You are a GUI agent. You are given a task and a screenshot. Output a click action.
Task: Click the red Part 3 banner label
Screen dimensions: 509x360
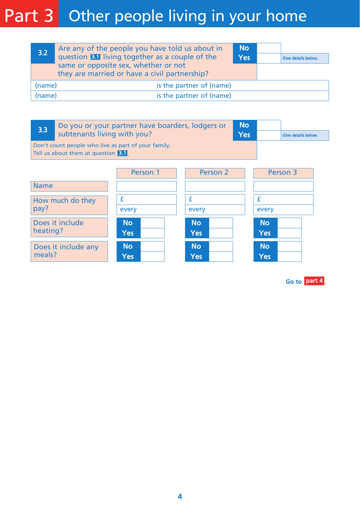(29, 14)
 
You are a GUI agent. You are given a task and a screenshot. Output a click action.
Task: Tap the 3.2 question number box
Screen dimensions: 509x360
(43, 53)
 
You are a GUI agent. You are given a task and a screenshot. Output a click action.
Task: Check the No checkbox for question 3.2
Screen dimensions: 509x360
(269, 48)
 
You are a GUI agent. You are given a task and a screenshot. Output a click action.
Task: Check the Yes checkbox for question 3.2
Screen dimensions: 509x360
(269, 58)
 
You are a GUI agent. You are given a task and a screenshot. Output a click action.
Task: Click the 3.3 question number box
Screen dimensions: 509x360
(43, 130)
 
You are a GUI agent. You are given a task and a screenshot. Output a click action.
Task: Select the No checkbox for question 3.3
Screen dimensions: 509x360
(269, 125)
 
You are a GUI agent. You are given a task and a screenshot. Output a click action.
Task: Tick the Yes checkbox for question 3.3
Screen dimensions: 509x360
(269, 135)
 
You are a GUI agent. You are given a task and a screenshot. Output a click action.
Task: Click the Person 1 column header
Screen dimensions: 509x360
(146, 173)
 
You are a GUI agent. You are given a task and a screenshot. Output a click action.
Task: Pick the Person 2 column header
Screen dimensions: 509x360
(215, 173)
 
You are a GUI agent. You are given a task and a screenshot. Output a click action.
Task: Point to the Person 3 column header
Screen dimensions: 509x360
(283, 173)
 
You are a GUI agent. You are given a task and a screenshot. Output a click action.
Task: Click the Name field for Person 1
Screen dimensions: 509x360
(146, 186)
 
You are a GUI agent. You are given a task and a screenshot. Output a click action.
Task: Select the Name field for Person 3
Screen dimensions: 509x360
(283, 186)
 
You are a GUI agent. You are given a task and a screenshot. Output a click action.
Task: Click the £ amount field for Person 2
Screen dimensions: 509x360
(218, 200)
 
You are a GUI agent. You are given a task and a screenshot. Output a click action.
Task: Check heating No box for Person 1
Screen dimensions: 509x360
(152, 223)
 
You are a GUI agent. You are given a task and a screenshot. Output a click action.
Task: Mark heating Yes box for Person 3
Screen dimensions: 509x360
(289, 233)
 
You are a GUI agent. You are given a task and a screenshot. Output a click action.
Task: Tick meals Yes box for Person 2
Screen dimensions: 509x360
(221, 256)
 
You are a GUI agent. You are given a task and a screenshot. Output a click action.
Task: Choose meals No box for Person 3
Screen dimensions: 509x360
(289, 247)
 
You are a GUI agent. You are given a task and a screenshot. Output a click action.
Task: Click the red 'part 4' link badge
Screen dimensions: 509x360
(314, 281)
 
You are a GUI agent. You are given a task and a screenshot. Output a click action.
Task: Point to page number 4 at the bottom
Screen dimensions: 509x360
(180, 496)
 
